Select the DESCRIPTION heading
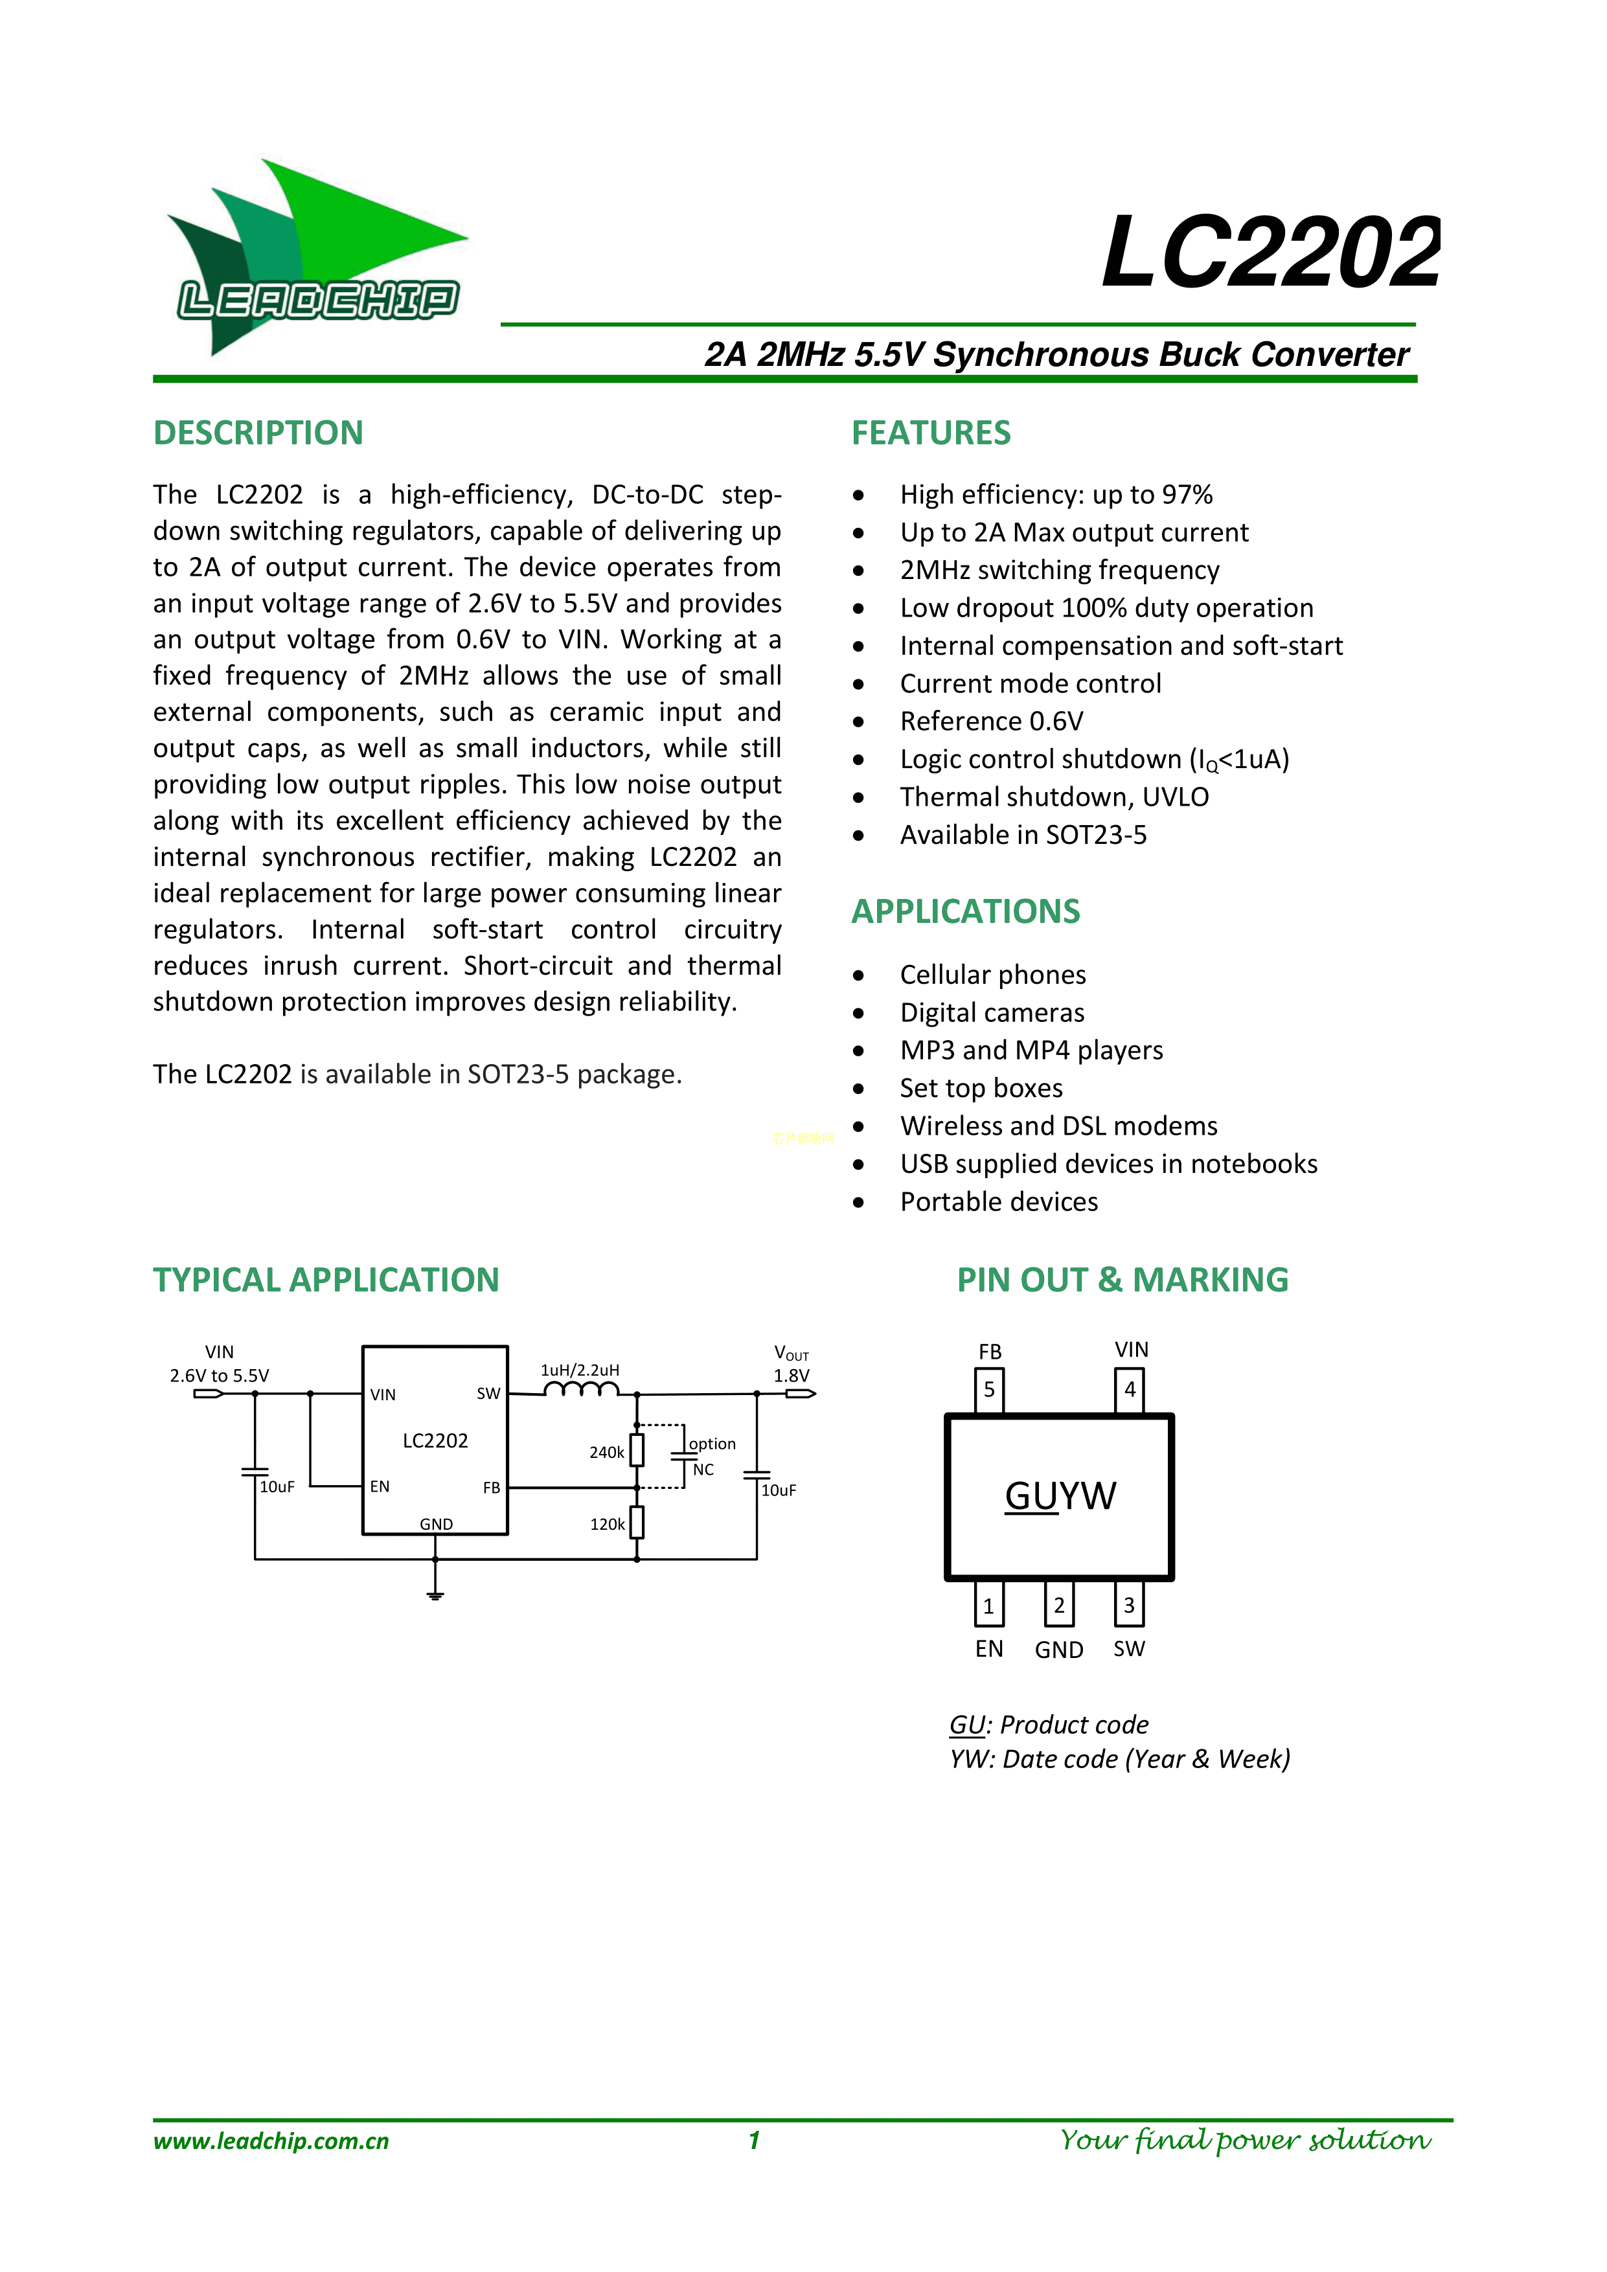(258, 433)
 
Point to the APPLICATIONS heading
(965, 911)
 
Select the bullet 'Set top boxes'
(981, 1089)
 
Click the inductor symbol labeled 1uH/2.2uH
(581, 1391)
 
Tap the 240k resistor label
(606, 1453)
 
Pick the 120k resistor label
(606, 1525)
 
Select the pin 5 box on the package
(990, 1389)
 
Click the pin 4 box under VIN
(1129, 1389)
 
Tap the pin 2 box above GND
(1059, 1605)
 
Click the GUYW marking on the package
(1060, 1496)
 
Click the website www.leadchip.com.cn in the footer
(271, 2141)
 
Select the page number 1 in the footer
(754, 2141)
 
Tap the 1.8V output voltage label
(792, 1376)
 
